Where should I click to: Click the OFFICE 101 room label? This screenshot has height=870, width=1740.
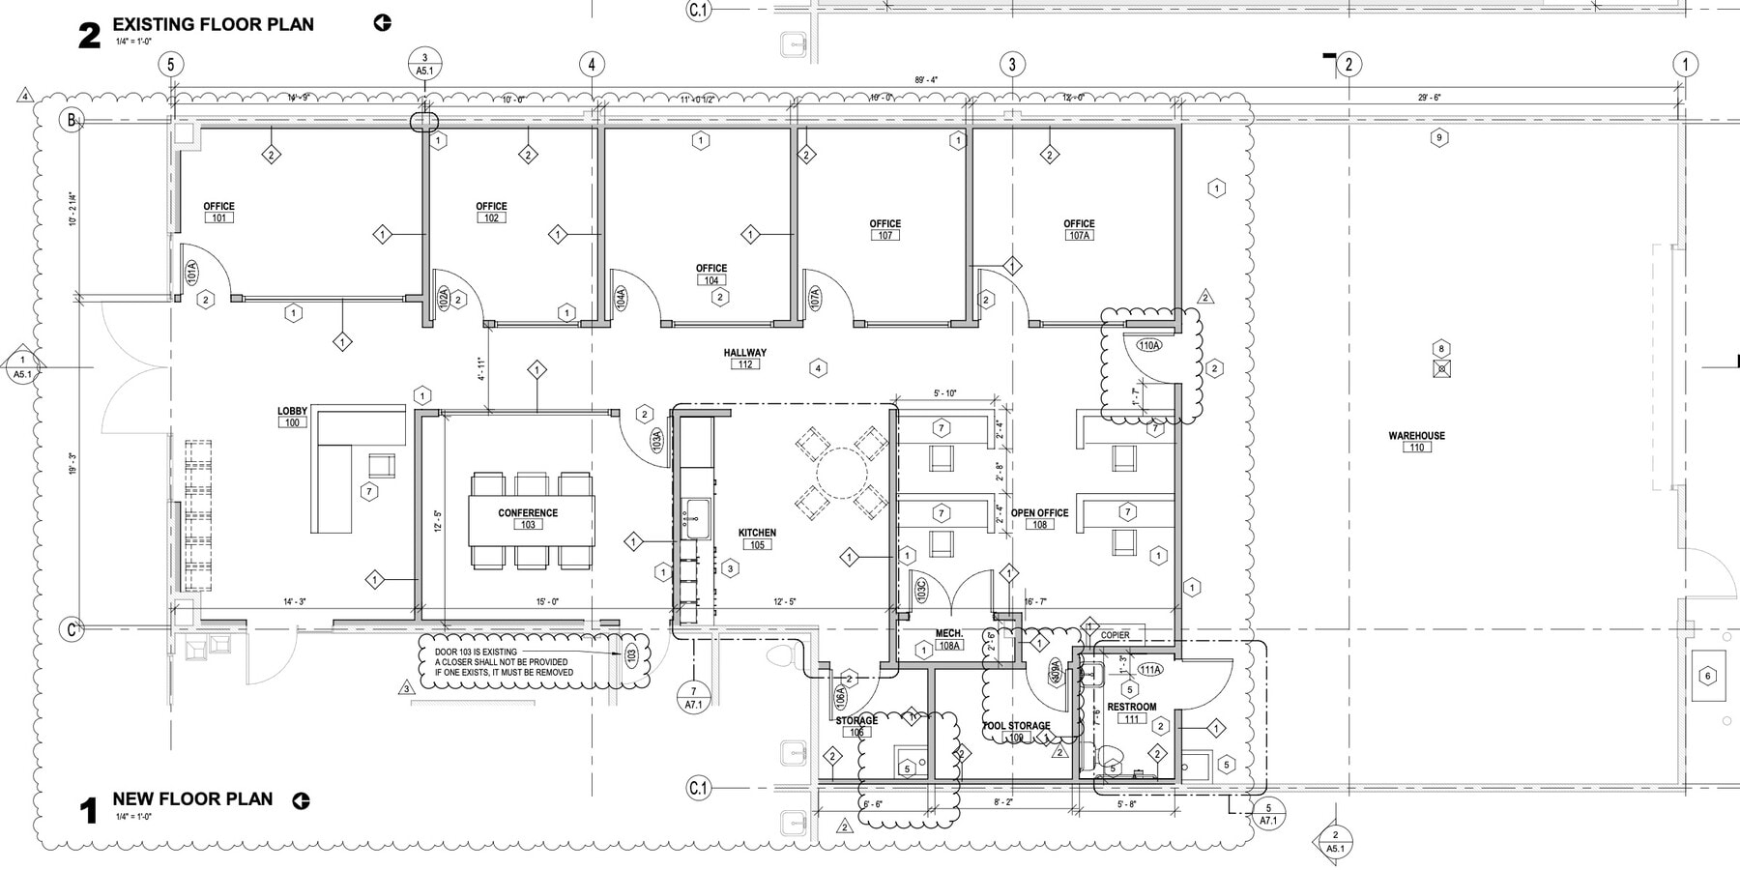[x=219, y=212]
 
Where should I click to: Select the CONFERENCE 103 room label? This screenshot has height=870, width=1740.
[x=528, y=519]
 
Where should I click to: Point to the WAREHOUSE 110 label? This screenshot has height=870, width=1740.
[x=1416, y=441]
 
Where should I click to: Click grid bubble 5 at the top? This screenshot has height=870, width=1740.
[x=170, y=65]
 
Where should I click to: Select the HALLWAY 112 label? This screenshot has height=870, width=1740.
[x=744, y=359]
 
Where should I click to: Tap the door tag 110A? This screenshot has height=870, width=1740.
[x=1148, y=345]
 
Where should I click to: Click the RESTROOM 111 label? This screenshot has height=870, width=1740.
[x=1131, y=712]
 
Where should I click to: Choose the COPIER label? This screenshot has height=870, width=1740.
[x=1115, y=635]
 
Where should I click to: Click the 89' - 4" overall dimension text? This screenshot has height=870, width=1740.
[x=926, y=80]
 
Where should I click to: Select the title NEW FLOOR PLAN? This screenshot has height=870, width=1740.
[x=192, y=799]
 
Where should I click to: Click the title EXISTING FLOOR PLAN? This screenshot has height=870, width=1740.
[x=213, y=24]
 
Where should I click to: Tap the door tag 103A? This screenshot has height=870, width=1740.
[x=656, y=441]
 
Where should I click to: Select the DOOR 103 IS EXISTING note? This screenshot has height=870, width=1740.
[x=503, y=662]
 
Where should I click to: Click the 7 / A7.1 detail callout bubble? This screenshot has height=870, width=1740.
[x=693, y=698]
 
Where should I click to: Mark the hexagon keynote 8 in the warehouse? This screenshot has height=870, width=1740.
[x=1440, y=349]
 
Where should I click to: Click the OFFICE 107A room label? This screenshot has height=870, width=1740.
[x=1079, y=229]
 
